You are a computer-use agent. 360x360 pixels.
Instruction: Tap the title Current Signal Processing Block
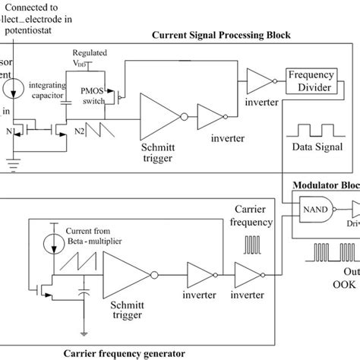click(x=222, y=35)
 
